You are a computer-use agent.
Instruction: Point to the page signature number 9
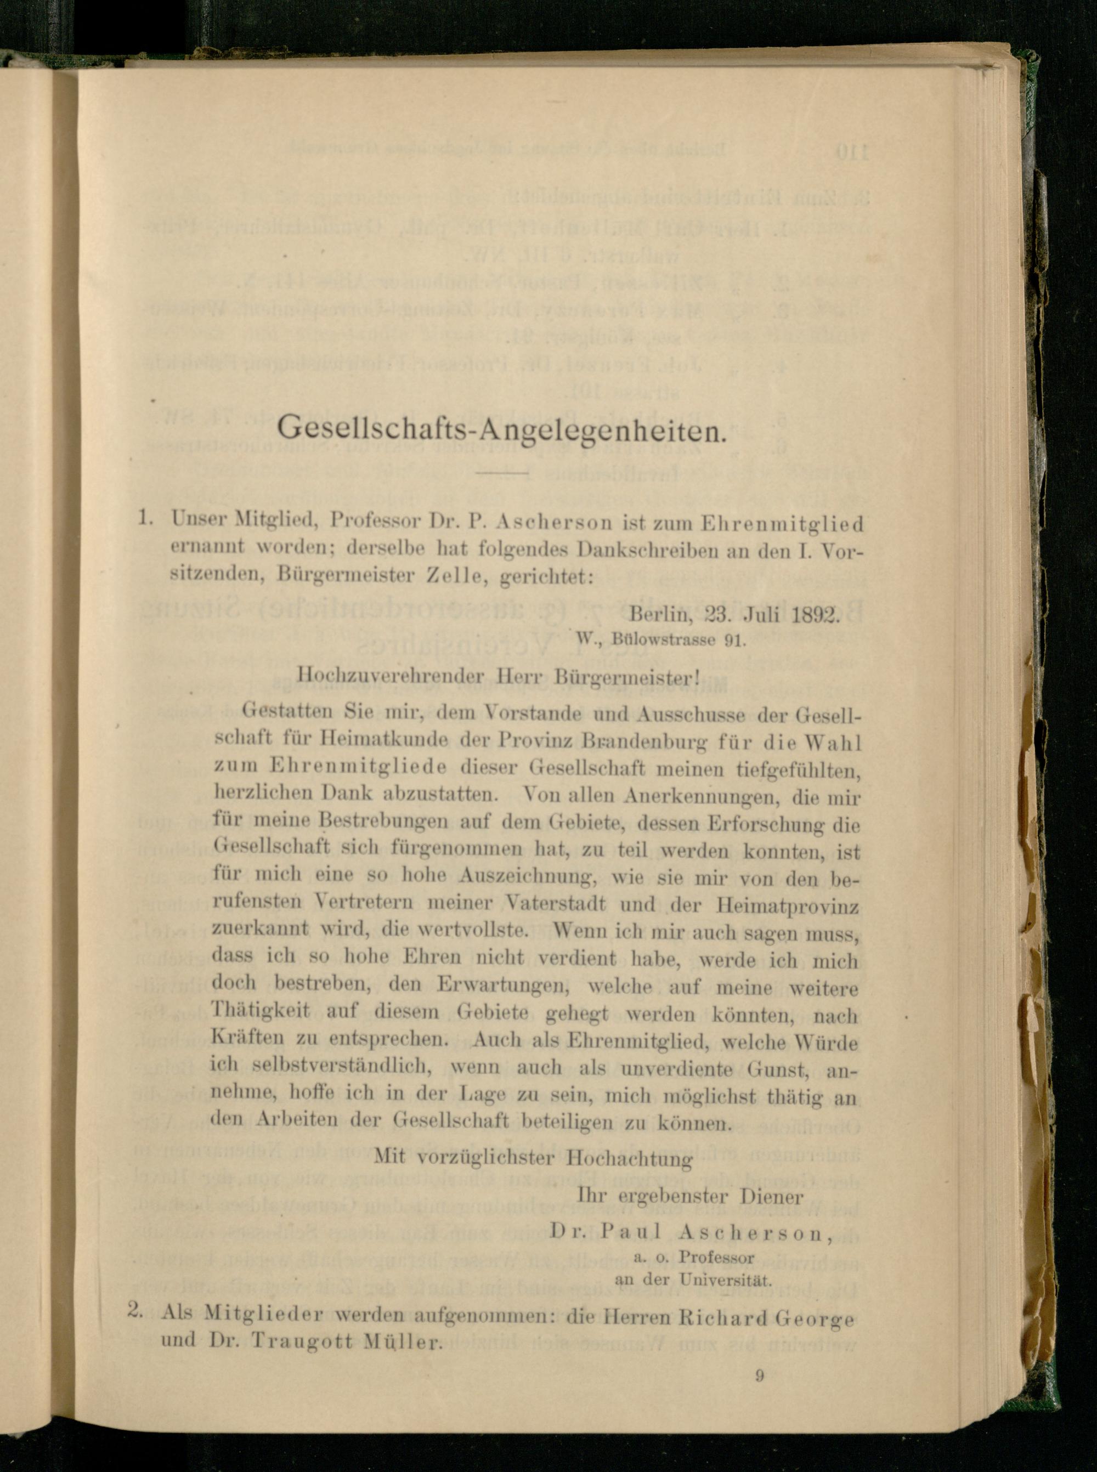tap(760, 1375)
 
